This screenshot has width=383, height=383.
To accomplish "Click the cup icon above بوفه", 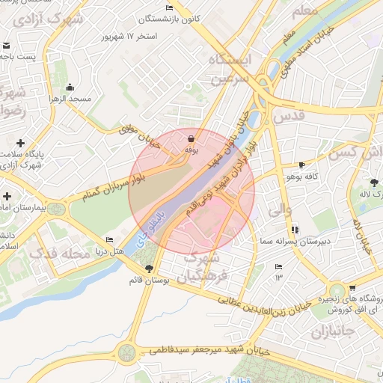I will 191,138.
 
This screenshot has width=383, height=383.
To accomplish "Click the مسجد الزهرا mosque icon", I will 70,87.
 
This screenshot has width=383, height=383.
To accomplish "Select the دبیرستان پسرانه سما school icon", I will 295,229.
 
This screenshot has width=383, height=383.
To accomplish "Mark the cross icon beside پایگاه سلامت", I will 20,142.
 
